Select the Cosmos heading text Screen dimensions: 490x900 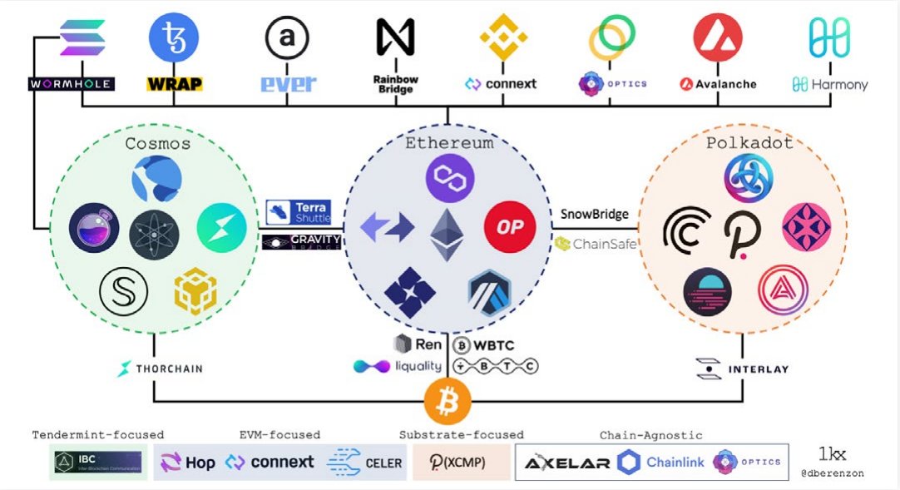point(157,143)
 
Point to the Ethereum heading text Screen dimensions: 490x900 point(449,143)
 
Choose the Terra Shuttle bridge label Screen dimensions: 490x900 point(299,212)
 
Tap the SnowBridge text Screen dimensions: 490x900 point(595,214)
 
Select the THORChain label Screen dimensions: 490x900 point(161,369)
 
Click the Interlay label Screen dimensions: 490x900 point(743,369)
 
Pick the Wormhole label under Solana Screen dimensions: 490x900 point(71,84)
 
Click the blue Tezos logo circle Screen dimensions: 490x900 point(173,37)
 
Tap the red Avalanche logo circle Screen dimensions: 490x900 point(718,37)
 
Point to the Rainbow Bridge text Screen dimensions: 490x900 point(396,84)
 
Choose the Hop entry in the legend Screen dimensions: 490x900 point(188,463)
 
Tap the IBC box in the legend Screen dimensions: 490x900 point(98,463)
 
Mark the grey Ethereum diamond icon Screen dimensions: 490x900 point(447,235)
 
